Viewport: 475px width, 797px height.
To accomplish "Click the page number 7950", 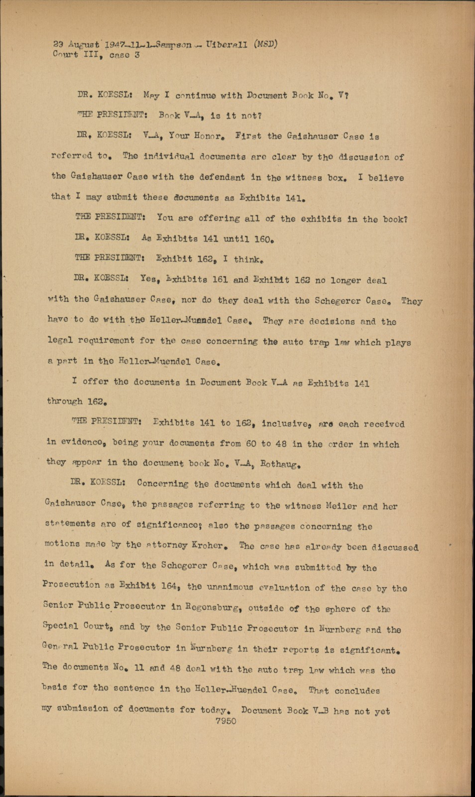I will click(226, 721).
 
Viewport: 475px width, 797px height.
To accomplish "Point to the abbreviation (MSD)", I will click(265, 44).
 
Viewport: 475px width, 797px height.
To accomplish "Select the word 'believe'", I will click(386, 177).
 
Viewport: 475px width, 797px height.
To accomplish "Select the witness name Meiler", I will click(341, 506).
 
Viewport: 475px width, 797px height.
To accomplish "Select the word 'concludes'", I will click(357, 690).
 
